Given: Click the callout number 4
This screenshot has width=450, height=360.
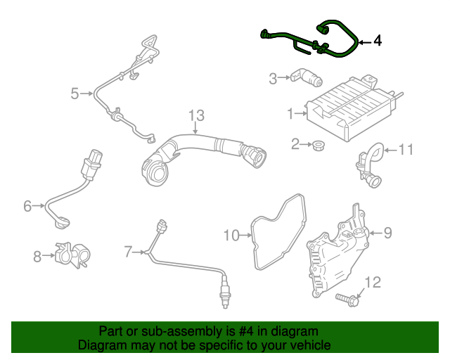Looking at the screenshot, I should [x=378, y=41].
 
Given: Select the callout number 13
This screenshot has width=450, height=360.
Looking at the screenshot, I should [x=195, y=115].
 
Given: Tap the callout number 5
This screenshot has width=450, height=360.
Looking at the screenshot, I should [x=75, y=93].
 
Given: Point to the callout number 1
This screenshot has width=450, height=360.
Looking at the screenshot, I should [x=290, y=112].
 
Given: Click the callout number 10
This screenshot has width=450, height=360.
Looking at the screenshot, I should [x=231, y=234].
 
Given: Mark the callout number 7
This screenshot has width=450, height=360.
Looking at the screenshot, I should [x=127, y=251].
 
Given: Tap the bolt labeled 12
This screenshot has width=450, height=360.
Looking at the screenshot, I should [x=347, y=301].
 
